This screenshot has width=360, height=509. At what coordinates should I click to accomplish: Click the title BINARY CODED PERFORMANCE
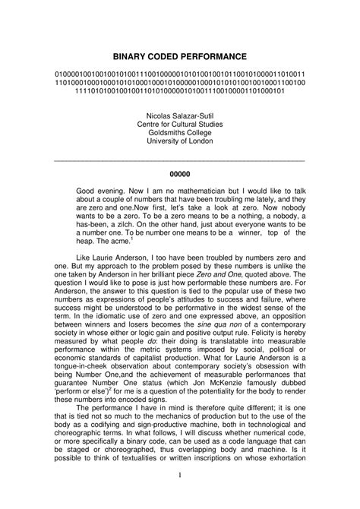tap(180, 56)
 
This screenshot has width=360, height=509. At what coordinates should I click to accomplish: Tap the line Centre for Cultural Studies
tap(180, 123)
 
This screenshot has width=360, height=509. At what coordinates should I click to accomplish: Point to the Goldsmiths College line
tap(180, 132)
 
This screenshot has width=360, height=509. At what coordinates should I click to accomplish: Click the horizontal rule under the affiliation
tap(180, 159)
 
